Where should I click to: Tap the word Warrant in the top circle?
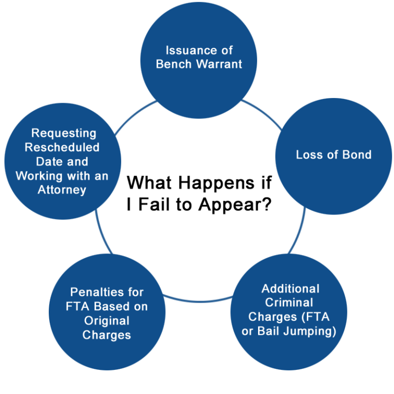pos(220,64)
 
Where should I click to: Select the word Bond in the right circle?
pos(357,154)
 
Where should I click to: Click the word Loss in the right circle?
pos(309,154)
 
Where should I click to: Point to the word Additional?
pos(290,288)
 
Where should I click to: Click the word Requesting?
pos(64,133)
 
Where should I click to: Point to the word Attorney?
pos(62,190)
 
